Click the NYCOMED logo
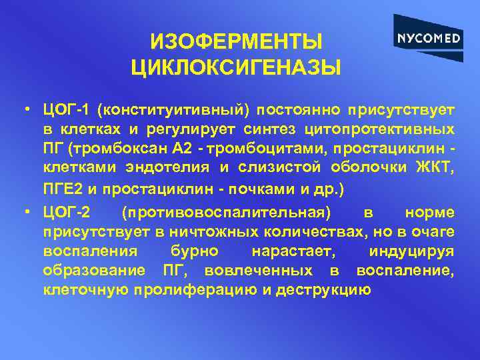429,38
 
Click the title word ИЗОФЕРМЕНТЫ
237,42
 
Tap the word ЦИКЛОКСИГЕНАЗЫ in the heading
237,67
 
